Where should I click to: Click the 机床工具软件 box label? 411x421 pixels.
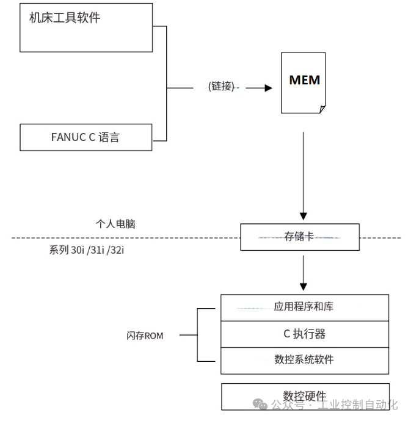(x=65, y=18)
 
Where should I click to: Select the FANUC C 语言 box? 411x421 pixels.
(x=85, y=137)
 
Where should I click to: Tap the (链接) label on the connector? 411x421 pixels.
(x=221, y=87)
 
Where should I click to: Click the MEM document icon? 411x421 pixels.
(x=304, y=82)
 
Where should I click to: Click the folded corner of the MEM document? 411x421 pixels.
(x=322, y=109)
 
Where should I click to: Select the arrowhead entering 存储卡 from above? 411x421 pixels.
(x=304, y=216)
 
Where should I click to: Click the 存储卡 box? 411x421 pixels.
(x=299, y=237)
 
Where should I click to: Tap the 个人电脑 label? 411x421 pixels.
(x=115, y=224)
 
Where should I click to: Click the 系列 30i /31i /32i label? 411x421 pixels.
(x=91, y=250)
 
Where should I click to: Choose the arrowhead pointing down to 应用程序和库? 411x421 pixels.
(x=304, y=286)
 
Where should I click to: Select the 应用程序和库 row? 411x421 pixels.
(x=304, y=307)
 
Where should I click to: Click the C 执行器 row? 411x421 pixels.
(x=304, y=334)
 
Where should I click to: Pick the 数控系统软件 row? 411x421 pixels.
(x=304, y=359)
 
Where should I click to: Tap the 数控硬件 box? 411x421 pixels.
(x=305, y=396)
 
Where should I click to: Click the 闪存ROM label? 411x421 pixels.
(x=145, y=336)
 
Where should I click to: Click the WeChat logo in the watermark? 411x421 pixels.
(x=261, y=405)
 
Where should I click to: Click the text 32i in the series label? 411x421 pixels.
(x=125, y=250)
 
